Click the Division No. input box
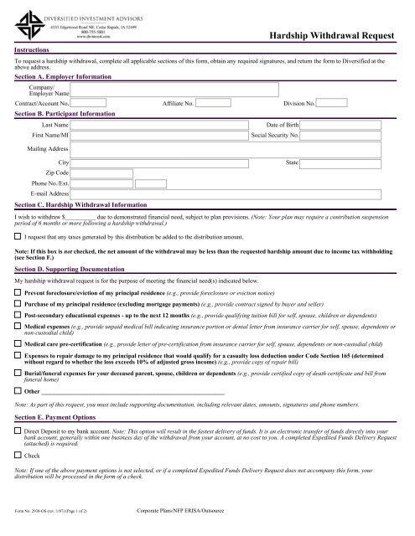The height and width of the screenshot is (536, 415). (331, 103)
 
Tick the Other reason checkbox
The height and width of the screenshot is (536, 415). (19, 391)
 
